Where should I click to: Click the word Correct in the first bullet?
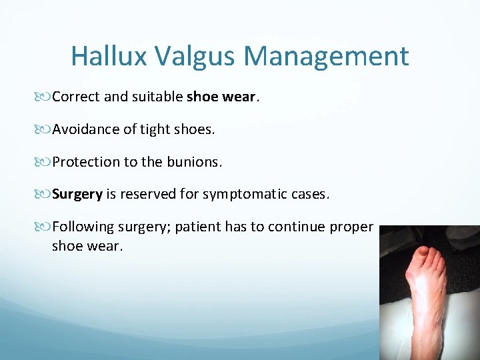point(76,97)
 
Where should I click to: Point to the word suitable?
point(157,97)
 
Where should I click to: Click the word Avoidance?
point(86,129)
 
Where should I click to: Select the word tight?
point(155,129)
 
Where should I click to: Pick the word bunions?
point(199,162)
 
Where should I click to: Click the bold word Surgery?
point(77,195)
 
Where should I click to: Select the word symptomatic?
point(261,195)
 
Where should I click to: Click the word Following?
point(83,227)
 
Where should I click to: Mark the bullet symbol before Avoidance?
point(45,129)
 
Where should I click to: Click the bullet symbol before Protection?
point(45,162)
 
